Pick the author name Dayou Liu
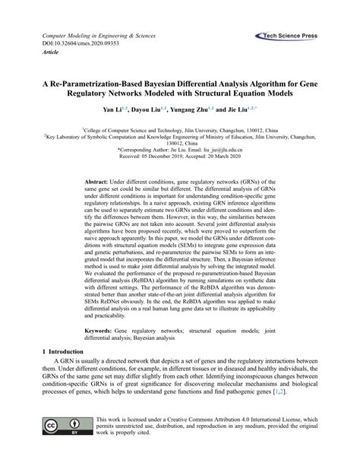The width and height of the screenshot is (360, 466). (158, 110)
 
